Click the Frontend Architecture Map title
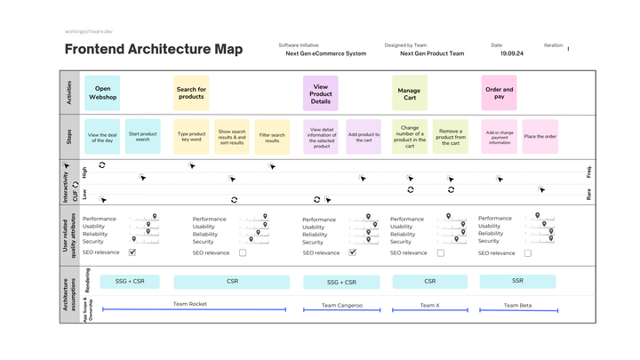(x=153, y=50)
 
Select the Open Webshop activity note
(x=102, y=92)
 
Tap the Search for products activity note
(x=191, y=92)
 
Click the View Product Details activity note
(x=321, y=92)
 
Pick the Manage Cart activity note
(x=409, y=92)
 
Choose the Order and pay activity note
(x=499, y=92)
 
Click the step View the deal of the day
(x=102, y=137)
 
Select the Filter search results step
(x=272, y=137)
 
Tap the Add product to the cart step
(x=364, y=137)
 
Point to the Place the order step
(x=540, y=137)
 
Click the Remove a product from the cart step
(x=451, y=137)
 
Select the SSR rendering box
(x=517, y=281)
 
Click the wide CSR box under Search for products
(x=233, y=281)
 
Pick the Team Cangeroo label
(x=341, y=305)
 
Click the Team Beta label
(x=517, y=305)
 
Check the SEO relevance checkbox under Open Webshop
(x=132, y=252)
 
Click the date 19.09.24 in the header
(x=511, y=53)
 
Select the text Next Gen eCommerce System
(x=325, y=53)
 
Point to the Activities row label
(x=70, y=92)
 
